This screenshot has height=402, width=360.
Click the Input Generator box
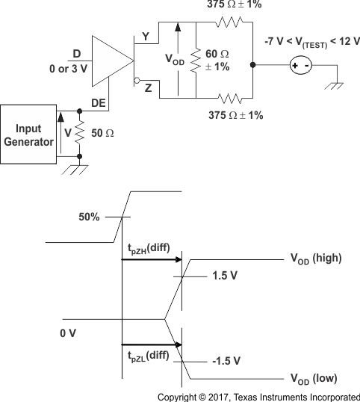coord(28,134)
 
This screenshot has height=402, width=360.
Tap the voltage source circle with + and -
coord(302,66)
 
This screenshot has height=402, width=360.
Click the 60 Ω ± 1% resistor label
coord(217,60)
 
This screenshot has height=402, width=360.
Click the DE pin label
coord(98,103)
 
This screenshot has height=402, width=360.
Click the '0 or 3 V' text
coord(69,69)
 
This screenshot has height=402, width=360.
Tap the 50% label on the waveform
coord(89,217)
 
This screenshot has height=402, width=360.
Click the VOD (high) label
coord(315,259)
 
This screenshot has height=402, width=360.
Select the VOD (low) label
coord(314,378)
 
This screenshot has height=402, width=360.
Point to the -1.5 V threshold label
coord(226,360)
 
